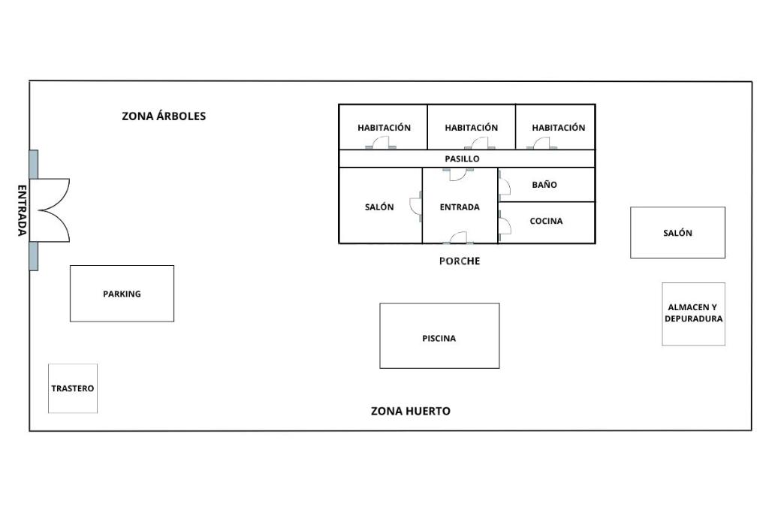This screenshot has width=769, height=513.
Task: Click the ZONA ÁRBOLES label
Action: (164, 116)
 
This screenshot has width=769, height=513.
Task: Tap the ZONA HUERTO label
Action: (411, 411)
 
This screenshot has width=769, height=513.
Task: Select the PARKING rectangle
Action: (122, 294)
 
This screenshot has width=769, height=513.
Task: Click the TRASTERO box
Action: (73, 388)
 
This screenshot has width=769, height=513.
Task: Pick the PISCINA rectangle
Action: (439, 336)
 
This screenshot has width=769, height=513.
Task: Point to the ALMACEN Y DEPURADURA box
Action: (693, 314)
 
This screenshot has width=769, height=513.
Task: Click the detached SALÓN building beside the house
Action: (678, 233)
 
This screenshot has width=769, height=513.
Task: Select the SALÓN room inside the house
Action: (381, 206)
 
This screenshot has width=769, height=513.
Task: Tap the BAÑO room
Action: (547, 185)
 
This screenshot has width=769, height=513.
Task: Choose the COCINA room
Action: (547, 222)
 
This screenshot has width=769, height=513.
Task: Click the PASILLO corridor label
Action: (462, 159)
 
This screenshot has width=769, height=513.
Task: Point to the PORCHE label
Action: (460, 261)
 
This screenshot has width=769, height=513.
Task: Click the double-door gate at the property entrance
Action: (50, 210)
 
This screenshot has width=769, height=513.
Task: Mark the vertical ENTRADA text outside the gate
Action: (22, 210)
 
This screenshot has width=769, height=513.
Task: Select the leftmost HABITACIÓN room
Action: (383, 127)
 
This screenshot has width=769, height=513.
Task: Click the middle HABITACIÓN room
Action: (472, 127)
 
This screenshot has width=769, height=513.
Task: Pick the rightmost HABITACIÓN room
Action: (556, 127)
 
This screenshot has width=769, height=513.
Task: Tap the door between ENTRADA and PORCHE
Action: (459, 238)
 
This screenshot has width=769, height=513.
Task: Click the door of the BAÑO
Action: (504, 186)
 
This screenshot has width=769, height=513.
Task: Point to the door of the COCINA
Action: (504, 225)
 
